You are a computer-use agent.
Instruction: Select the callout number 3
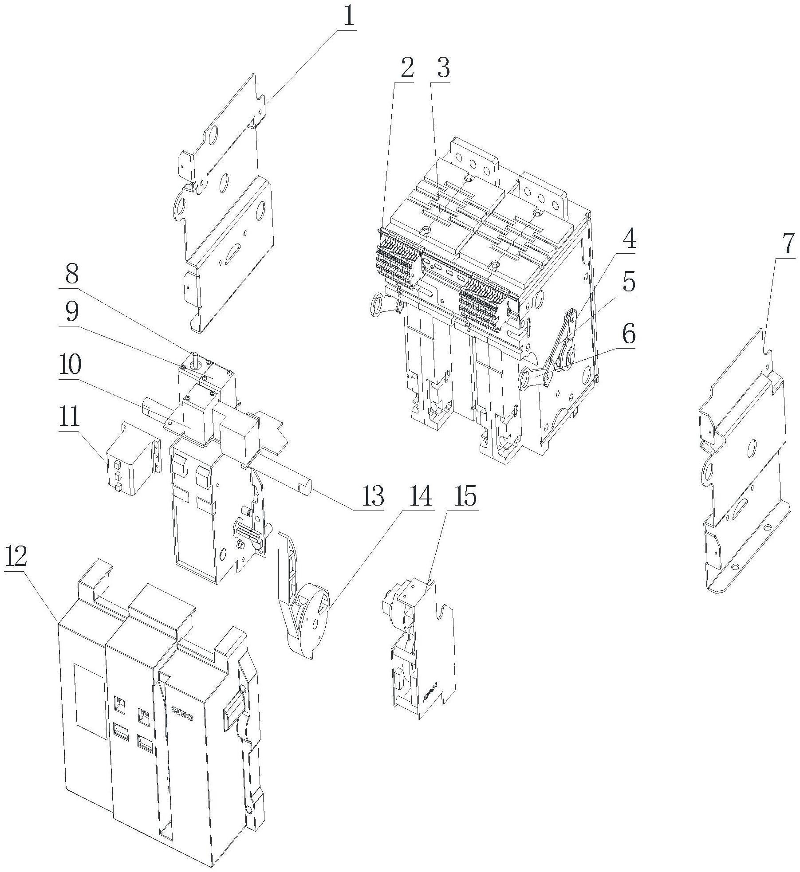pyautogui.click(x=442, y=69)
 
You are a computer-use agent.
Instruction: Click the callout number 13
pyautogui.click(x=372, y=496)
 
